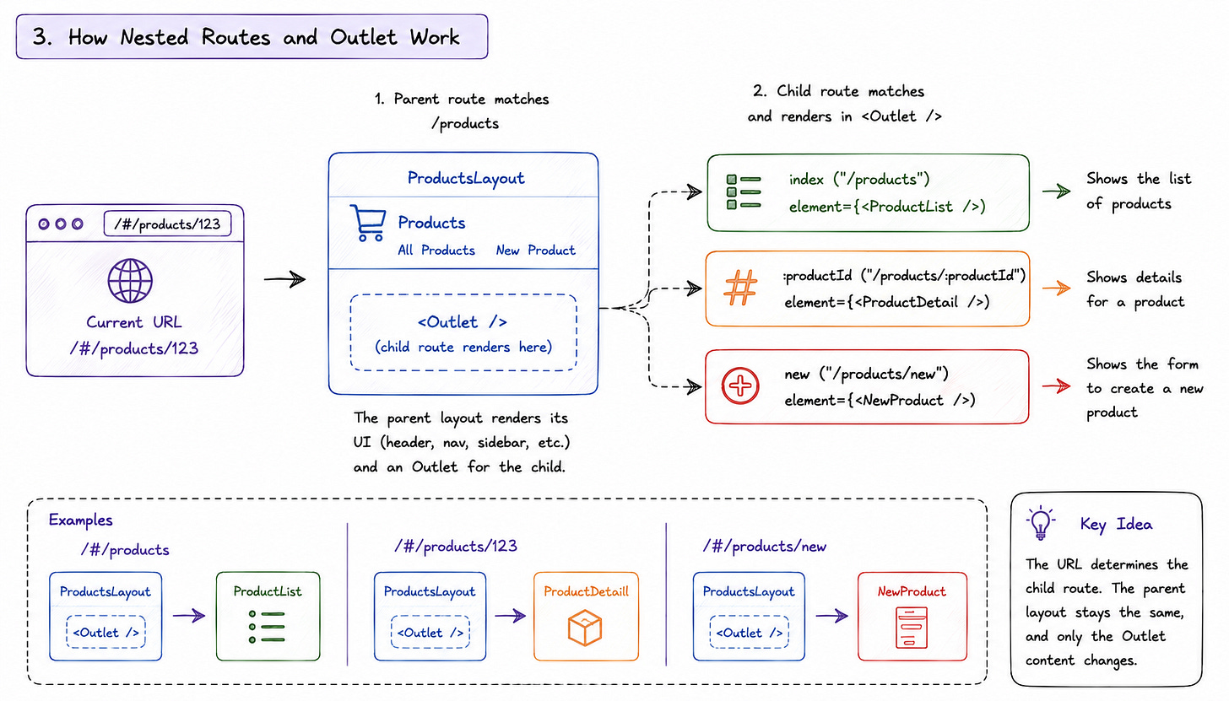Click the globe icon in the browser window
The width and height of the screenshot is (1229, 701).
click(x=130, y=281)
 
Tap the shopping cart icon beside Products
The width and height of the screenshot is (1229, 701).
click(x=368, y=223)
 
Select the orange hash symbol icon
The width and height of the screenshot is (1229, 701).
click(x=740, y=288)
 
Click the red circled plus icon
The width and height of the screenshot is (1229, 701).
click(x=740, y=386)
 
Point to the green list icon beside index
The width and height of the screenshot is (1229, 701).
click(x=744, y=192)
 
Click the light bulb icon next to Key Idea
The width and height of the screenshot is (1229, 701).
click(x=1040, y=523)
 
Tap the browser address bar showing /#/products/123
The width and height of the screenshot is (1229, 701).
click(x=167, y=224)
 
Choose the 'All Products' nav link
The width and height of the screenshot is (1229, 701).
click(x=436, y=251)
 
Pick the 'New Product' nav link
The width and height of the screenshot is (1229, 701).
click(x=535, y=251)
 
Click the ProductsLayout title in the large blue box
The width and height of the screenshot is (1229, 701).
click(x=466, y=178)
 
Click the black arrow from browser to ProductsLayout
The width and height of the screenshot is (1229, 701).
click(x=284, y=279)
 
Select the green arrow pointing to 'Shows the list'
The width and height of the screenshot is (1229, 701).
click(x=1056, y=191)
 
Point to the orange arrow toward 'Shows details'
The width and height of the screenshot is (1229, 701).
click(x=1056, y=288)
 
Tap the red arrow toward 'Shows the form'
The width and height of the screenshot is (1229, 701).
click(x=1056, y=386)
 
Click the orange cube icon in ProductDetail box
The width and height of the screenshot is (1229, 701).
click(x=585, y=628)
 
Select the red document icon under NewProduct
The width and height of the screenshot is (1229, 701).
click(x=912, y=628)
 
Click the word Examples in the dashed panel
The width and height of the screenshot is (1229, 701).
click(x=81, y=520)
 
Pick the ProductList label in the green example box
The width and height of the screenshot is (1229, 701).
click(x=268, y=591)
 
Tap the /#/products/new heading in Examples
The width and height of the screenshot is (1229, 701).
click(x=764, y=547)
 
